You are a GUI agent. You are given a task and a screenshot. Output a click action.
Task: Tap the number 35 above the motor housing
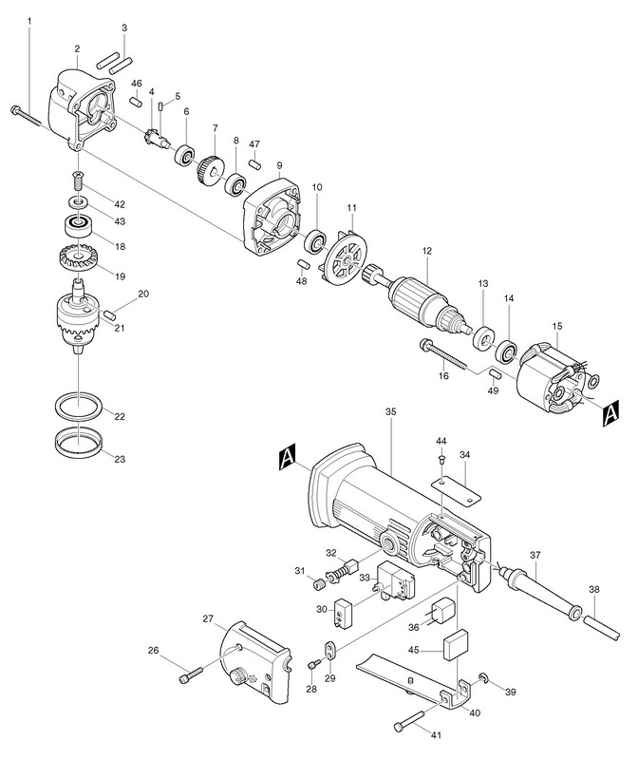[390, 413]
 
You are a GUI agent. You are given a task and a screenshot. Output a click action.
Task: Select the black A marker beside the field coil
[610, 411]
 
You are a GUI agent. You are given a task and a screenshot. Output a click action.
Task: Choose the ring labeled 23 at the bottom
[75, 444]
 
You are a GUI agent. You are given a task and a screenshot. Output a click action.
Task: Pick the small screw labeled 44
[441, 459]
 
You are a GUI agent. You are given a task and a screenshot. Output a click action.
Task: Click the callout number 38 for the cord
[594, 589]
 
